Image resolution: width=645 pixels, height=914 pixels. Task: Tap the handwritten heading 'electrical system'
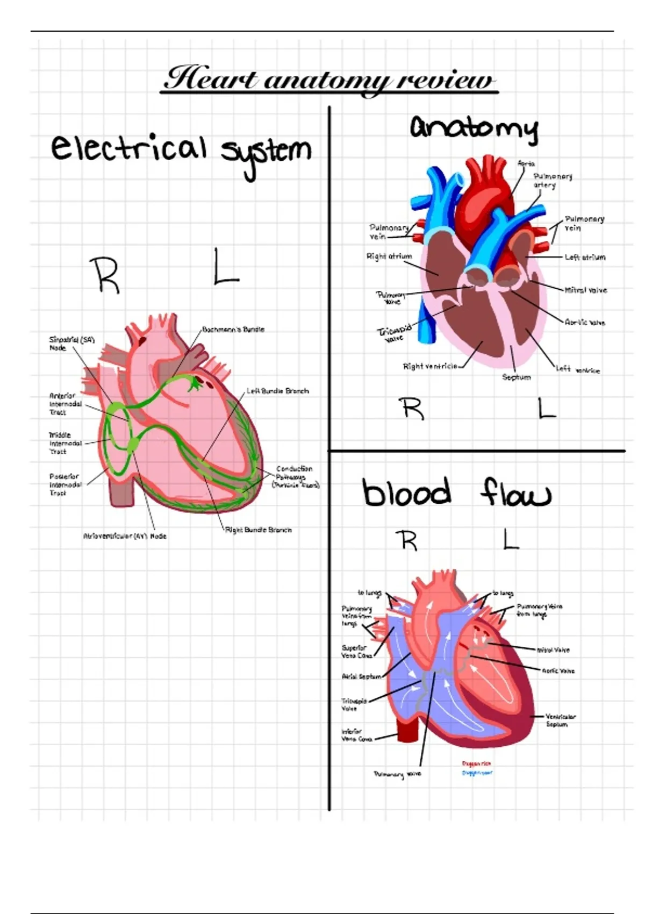[x=181, y=150]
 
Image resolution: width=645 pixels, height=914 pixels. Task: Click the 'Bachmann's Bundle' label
[x=233, y=330]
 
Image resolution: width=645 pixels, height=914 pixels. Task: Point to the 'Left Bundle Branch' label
[x=278, y=391]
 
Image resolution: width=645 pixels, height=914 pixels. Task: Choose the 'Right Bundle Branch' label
[x=259, y=530]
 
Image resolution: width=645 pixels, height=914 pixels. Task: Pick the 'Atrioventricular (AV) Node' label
[x=125, y=536]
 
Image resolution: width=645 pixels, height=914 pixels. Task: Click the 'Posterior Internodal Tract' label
[x=66, y=484]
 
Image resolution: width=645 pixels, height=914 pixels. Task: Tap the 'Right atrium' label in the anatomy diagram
[x=389, y=257]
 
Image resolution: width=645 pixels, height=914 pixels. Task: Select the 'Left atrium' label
[x=585, y=258]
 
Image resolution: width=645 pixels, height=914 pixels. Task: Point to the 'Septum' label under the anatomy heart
[x=516, y=377]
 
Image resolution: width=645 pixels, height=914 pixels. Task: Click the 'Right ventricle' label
[x=430, y=366]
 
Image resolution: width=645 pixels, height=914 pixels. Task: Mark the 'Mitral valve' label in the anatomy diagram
[x=585, y=290]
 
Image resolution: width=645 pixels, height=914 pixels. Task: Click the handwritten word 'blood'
[x=407, y=492]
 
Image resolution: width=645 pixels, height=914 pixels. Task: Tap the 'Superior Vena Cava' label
[x=356, y=652]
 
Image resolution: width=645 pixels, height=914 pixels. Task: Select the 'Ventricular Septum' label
[x=560, y=720]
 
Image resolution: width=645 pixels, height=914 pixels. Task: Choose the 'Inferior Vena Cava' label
[x=356, y=736]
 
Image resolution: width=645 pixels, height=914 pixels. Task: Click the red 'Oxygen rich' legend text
[x=476, y=763]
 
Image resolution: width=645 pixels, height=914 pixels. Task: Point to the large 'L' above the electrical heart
[x=225, y=267]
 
